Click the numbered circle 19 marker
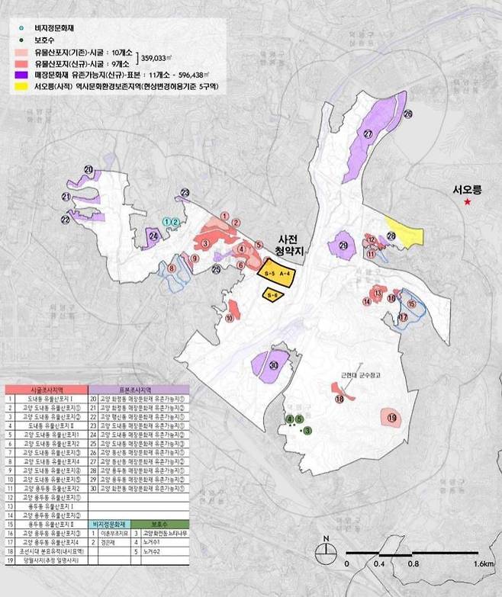point(392,418)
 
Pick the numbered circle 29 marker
point(343,246)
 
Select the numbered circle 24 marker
point(154,236)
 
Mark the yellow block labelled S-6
point(272,294)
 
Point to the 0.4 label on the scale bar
point(379,564)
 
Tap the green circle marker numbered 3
point(307,432)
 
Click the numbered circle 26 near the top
point(407,114)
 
